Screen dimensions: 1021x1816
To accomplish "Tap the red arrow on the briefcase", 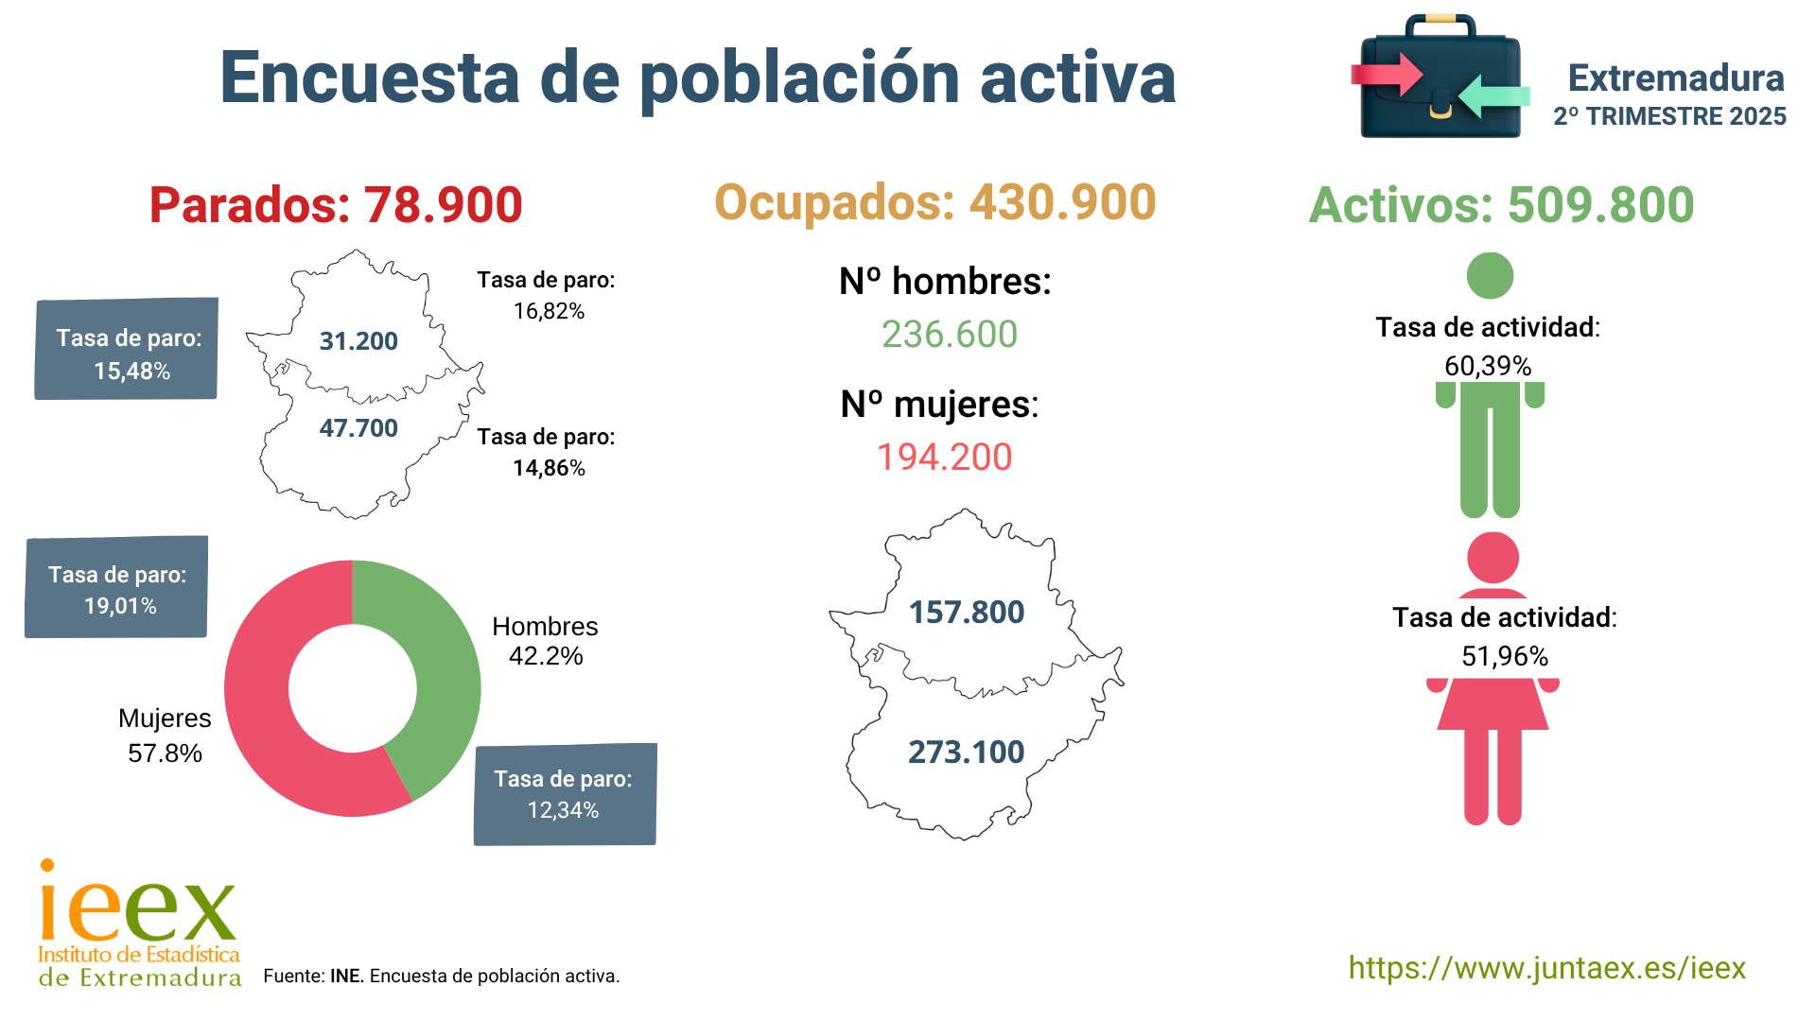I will coord(1386,74).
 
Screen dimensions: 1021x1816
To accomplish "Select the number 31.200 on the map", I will coord(358,341).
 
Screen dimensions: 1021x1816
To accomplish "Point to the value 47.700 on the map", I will coord(358,428).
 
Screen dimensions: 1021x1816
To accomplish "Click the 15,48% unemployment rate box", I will coord(127,349).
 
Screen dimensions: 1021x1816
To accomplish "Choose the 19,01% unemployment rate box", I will coord(116,587).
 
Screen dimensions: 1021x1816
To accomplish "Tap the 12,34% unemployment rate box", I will coord(565,794).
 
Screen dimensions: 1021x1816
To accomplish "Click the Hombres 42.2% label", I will coord(545,641).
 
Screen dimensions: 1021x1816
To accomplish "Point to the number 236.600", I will coord(950,335).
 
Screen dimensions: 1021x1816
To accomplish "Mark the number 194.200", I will coord(945,458).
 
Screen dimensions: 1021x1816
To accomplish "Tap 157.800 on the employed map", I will coord(967,613).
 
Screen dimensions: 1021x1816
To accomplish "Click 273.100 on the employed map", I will coord(967,753).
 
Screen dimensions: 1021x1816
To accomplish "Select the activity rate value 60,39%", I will coord(1488,366).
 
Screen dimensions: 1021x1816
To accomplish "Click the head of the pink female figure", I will coord(1493,558).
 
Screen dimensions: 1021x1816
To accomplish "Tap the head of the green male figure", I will coord(1490,276).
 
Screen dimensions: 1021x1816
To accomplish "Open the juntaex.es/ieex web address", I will coord(1546,968).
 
